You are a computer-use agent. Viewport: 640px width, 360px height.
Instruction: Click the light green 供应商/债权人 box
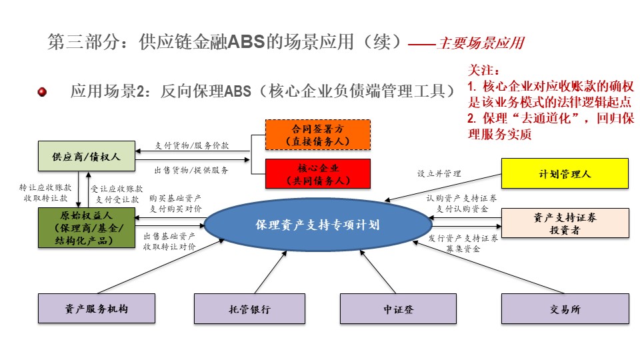point(87,156)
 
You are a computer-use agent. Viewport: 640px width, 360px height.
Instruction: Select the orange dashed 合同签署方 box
point(318,135)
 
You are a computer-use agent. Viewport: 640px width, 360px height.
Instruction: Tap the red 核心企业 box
point(318,174)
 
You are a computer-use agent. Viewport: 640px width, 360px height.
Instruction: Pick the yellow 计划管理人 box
point(565,173)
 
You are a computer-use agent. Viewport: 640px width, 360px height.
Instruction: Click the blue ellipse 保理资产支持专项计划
point(318,225)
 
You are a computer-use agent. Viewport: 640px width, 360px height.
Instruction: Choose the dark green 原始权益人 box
point(87,228)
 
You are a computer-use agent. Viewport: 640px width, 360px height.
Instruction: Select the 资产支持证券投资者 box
point(565,223)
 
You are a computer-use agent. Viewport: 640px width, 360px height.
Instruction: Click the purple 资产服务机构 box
point(97,309)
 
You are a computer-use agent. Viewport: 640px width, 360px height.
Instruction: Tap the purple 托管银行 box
point(249,309)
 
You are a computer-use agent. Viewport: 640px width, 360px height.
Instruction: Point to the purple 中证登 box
point(399,309)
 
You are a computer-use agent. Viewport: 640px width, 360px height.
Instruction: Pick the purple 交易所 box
point(565,309)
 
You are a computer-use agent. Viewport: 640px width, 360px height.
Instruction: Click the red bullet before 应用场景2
point(42,92)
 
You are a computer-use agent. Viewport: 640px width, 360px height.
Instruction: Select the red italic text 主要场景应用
point(481,43)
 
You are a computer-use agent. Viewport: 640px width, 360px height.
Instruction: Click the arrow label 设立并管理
point(439,173)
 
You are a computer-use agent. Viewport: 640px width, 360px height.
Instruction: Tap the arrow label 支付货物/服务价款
point(192,145)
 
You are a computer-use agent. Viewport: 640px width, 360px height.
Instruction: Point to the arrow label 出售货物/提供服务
point(191,170)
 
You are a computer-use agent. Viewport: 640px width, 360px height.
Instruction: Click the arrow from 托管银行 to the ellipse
point(270,272)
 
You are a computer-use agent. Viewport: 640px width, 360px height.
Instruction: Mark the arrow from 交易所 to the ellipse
point(488,267)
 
